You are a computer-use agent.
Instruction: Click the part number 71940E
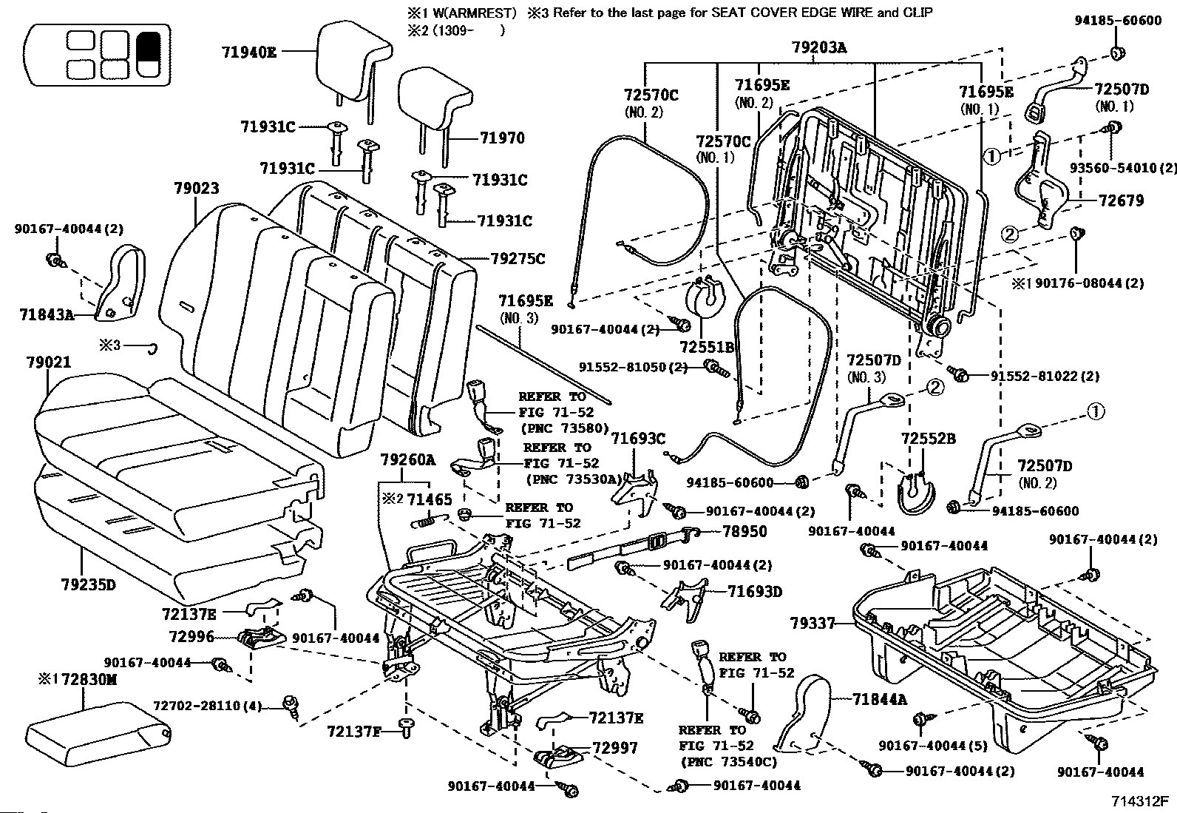click(x=249, y=52)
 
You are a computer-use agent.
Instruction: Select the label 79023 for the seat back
click(x=197, y=188)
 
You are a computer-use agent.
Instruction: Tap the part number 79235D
click(x=88, y=584)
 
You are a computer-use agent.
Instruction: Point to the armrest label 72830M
click(x=89, y=679)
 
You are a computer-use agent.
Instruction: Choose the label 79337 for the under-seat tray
click(x=813, y=623)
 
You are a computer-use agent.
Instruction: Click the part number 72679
click(x=1121, y=200)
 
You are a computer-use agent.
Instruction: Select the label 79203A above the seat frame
click(x=819, y=48)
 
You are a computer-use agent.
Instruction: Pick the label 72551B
click(x=707, y=347)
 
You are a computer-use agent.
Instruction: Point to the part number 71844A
click(x=880, y=699)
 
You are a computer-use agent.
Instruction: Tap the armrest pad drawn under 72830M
click(x=98, y=734)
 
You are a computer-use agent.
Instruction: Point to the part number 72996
click(x=191, y=636)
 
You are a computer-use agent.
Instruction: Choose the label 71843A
click(x=47, y=314)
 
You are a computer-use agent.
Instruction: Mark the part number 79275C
click(x=518, y=258)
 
